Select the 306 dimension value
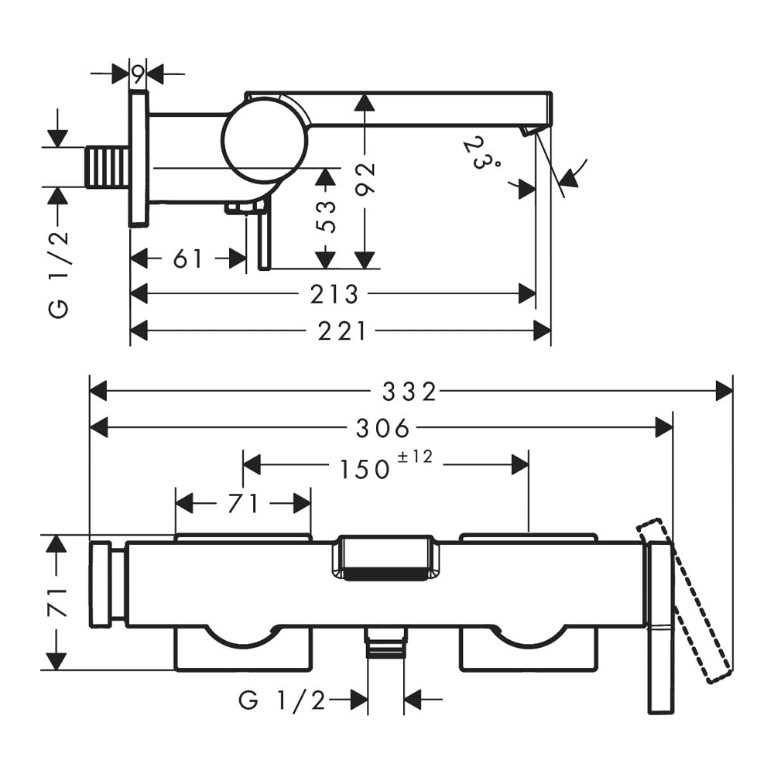coord(384,427)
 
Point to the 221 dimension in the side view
coord(341,331)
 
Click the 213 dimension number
coord(334,294)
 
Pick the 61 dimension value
coord(188,259)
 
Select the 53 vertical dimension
coord(327,216)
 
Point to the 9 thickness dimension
coord(138,75)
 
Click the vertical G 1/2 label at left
coord(59,264)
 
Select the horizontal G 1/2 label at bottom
coord(283,700)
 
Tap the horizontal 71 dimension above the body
coord(243,504)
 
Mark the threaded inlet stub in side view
coord(107,166)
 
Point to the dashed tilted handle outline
coord(685,600)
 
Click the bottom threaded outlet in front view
coord(385,643)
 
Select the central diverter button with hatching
coord(385,559)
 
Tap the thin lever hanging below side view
coord(264,240)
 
